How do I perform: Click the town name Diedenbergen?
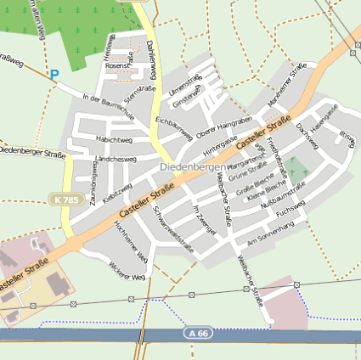(192, 167)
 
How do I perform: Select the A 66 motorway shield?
(197, 334)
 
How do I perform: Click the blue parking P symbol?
(54, 76)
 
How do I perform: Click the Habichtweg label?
(114, 139)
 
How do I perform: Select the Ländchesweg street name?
(117, 159)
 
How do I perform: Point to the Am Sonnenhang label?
(270, 234)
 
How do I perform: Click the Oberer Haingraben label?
(218, 129)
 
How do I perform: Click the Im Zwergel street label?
(206, 220)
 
